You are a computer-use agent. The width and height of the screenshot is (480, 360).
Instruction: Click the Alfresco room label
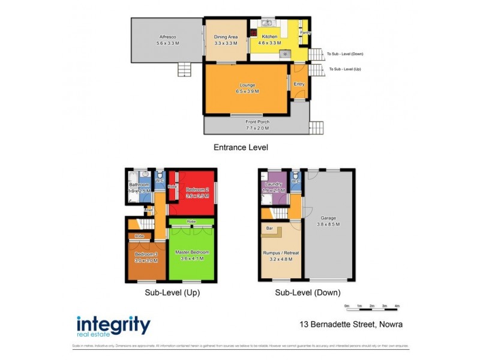point(168,37)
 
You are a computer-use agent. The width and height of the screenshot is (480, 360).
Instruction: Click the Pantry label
point(305,33)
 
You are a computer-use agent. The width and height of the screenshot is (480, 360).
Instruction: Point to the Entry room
point(299,85)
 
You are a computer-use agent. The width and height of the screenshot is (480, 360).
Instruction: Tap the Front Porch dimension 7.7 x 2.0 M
point(257,128)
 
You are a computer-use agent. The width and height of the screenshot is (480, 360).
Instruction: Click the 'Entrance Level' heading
point(241,147)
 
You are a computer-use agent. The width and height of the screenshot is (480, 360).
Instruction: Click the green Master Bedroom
point(192,255)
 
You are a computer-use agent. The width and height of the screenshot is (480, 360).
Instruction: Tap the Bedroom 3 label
point(146,254)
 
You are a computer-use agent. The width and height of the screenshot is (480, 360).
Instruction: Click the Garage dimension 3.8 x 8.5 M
point(328,224)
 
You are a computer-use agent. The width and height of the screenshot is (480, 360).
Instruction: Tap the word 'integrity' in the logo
point(113,324)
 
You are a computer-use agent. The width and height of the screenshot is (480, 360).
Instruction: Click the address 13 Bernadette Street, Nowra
point(351,325)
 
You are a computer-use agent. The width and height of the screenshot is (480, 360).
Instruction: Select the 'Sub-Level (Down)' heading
point(308,293)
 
